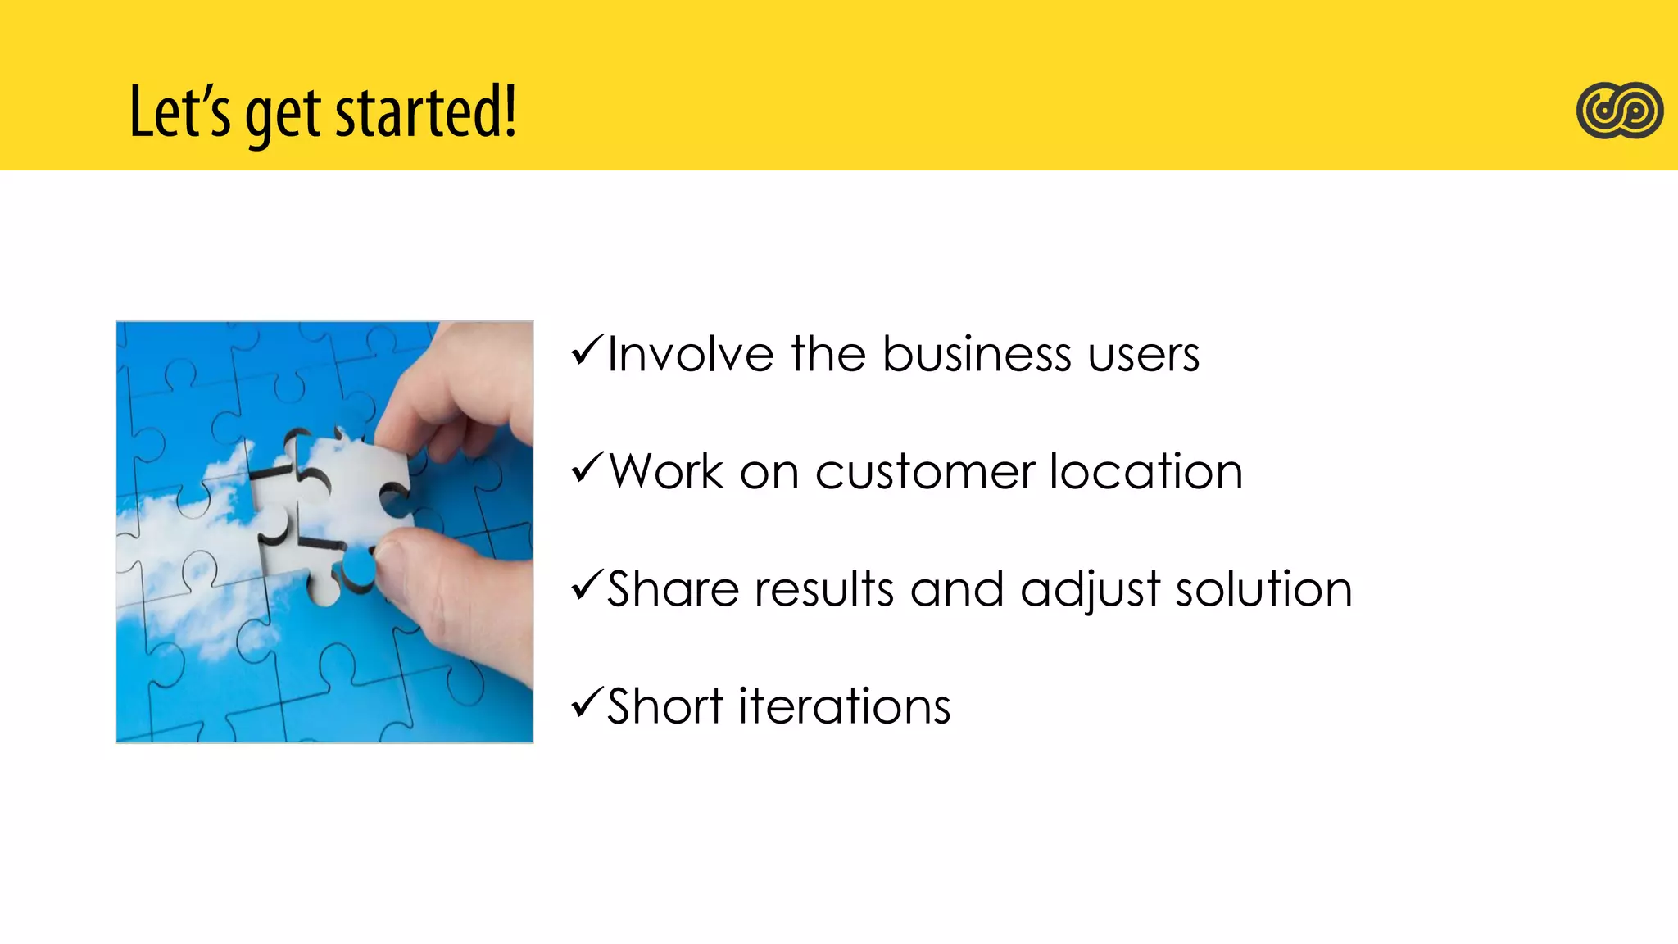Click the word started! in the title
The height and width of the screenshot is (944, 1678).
click(426, 112)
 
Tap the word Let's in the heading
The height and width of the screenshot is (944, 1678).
click(180, 112)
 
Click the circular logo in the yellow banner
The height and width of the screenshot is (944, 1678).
click(1619, 111)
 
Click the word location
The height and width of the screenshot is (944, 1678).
click(1145, 472)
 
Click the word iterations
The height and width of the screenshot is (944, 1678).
click(844, 706)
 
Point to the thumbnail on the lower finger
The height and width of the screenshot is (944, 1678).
click(392, 565)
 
